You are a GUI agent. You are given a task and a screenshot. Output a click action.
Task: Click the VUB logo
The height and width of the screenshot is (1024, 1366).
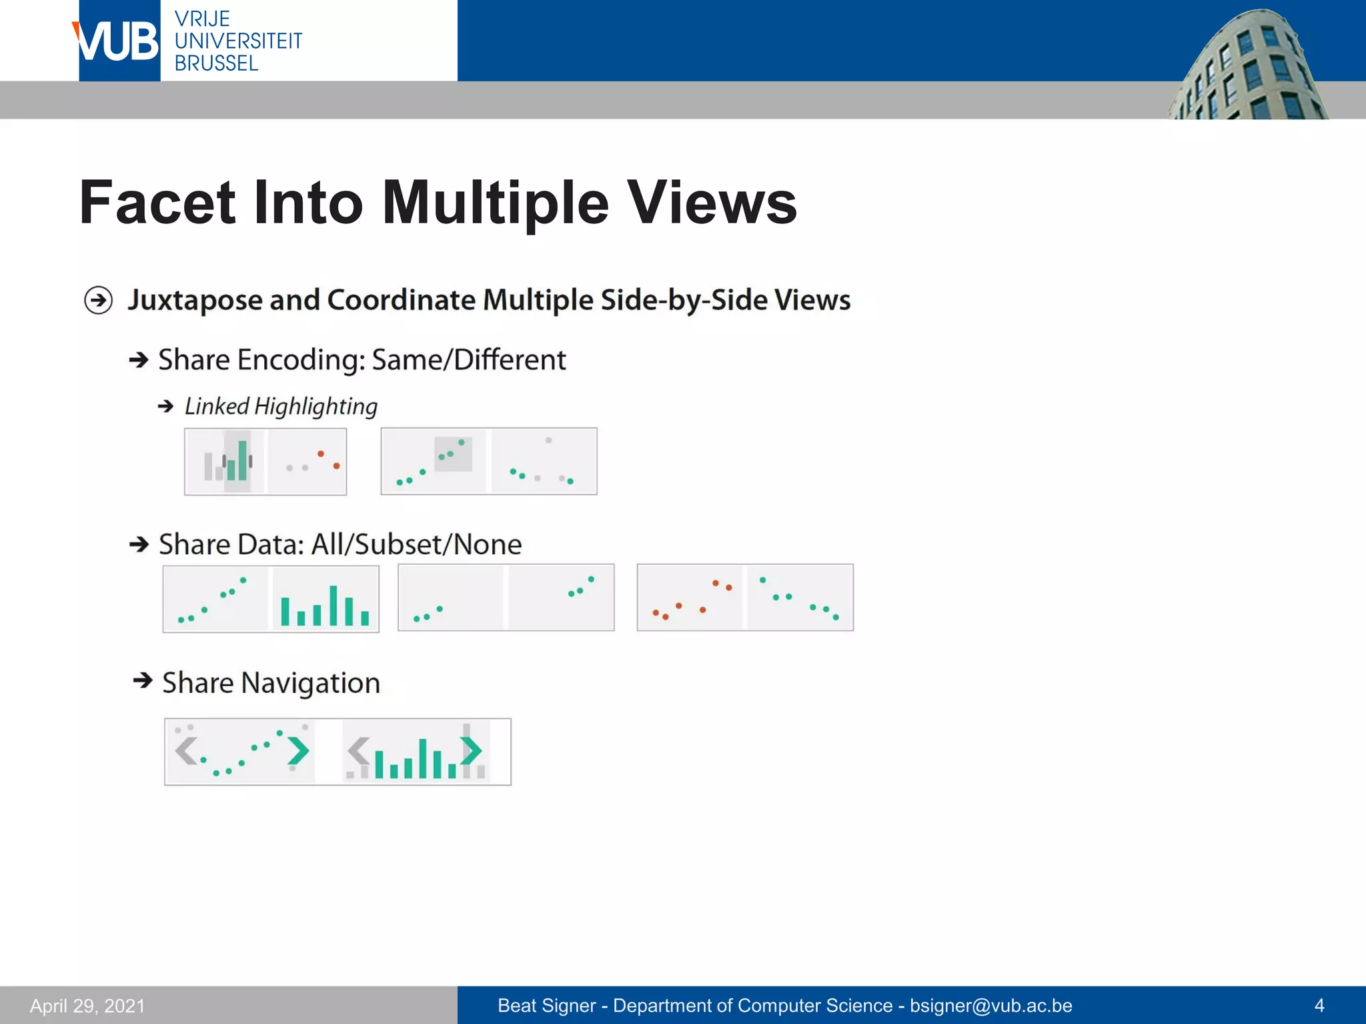(x=118, y=41)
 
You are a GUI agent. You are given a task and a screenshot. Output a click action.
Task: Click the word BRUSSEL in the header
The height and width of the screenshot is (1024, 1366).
(x=216, y=64)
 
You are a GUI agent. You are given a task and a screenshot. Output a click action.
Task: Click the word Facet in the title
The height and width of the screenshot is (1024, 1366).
(x=157, y=203)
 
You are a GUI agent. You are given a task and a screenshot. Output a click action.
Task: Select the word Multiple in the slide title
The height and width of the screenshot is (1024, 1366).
(x=496, y=203)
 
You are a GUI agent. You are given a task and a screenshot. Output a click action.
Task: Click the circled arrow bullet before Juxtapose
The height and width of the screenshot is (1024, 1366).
(x=99, y=300)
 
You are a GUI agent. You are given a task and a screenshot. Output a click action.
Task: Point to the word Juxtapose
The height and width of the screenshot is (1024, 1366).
(x=196, y=300)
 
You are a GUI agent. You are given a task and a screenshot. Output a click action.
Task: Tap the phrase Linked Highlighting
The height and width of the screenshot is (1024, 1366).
(x=281, y=406)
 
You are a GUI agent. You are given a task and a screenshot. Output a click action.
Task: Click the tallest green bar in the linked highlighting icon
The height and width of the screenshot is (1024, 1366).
(x=242, y=460)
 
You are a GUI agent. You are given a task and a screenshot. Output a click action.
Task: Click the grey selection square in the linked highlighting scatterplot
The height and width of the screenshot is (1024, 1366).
(x=454, y=455)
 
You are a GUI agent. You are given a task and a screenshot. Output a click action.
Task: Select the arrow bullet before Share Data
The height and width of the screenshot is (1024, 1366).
(x=139, y=545)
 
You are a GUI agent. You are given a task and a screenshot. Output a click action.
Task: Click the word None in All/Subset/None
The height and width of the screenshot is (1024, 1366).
(x=487, y=545)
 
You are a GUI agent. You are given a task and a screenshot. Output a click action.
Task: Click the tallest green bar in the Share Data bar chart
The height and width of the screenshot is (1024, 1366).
(x=333, y=605)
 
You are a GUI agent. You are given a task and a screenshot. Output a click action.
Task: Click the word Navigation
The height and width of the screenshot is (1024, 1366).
(x=310, y=683)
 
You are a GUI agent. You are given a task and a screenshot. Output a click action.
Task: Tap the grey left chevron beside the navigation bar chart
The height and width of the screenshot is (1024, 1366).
(x=358, y=751)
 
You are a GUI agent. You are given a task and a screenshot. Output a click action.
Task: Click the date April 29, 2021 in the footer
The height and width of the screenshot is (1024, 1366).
(x=87, y=1005)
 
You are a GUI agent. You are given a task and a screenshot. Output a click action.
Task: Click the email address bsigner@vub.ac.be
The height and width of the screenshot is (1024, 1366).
(x=990, y=1005)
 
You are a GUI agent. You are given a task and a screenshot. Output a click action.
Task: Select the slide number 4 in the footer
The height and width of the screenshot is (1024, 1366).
(x=1319, y=1005)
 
